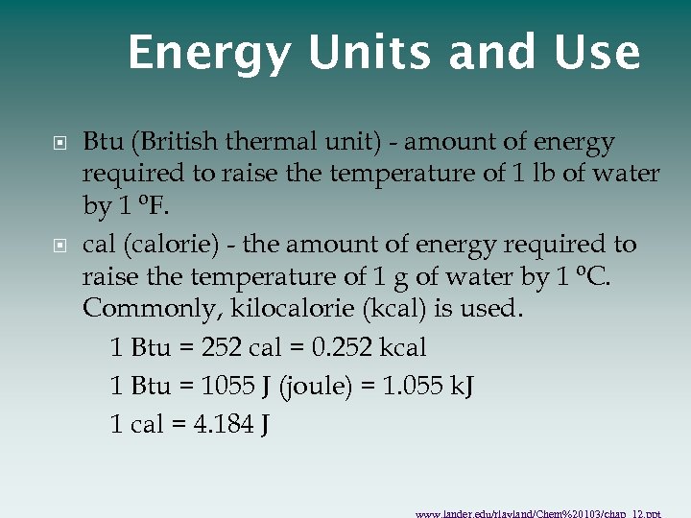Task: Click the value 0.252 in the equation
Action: pyautogui.click(x=340, y=347)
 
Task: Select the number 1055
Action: pyautogui.click(x=226, y=386)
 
